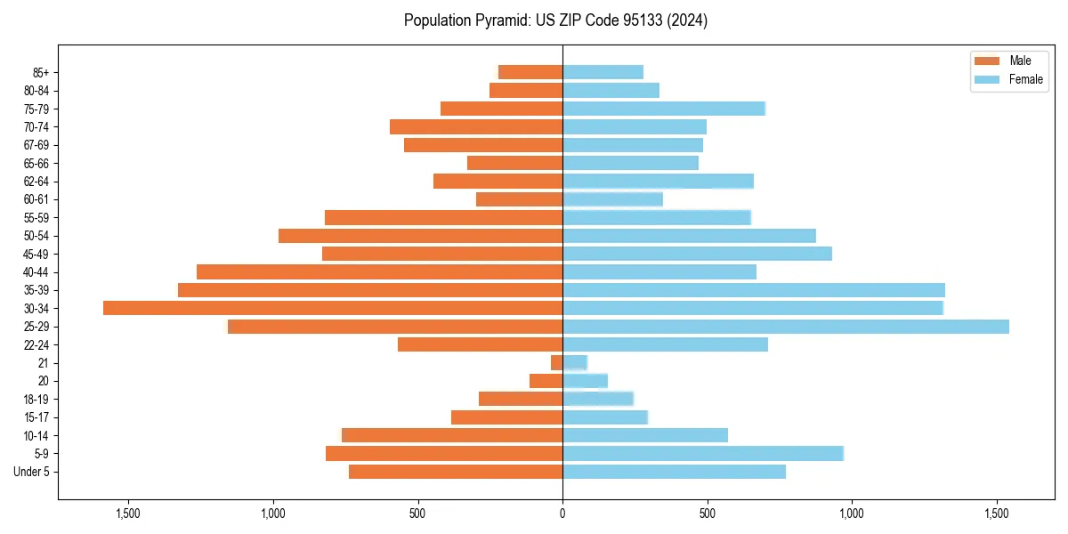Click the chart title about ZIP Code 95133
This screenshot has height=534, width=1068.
point(555,20)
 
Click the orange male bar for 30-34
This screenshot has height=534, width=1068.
point(333,308)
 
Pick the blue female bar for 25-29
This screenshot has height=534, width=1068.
point(785,327)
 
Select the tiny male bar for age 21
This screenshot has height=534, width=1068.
point(556,363)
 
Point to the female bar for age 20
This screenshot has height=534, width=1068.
point(585,381)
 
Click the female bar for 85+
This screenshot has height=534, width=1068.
point(603,72)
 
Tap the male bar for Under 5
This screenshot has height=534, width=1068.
point(456,472)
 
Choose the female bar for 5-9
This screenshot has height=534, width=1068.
point(702,454)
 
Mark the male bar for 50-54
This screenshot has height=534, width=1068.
point(420,236)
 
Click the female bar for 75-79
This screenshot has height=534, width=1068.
point(663,109)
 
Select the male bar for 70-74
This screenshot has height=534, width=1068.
point(476,126)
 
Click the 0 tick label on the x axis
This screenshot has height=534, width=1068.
point(562,514)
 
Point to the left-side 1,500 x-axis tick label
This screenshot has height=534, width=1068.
point(128,514)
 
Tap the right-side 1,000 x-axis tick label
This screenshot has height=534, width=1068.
point(852,514)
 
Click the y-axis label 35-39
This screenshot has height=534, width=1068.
point(36,290)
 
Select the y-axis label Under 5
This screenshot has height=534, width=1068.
point(32,472)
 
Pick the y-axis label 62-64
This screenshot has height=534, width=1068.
point(36,182)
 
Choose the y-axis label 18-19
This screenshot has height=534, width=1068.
point(36,400)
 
